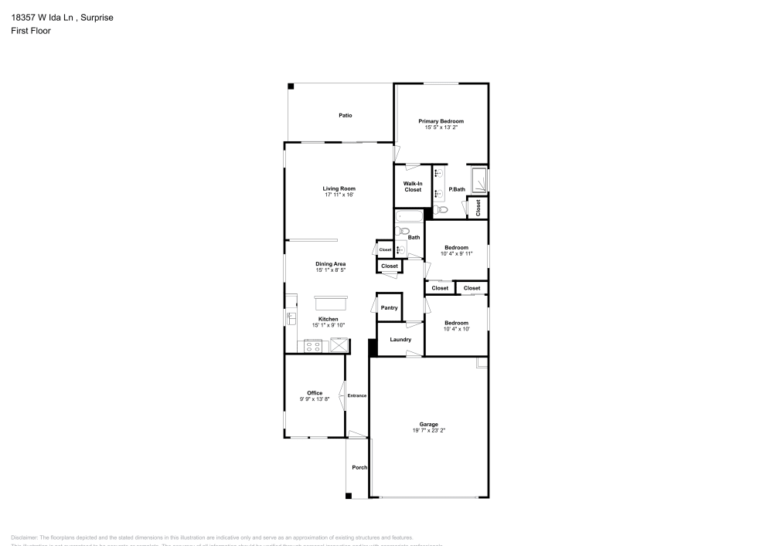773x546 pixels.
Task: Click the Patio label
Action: pos(346,116)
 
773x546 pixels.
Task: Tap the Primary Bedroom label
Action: pos(441,121)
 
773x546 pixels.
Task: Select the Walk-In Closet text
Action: pos(413,186)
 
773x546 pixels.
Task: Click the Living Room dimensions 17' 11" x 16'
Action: pos(339,195)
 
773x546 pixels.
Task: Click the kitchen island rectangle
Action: pos(331,302)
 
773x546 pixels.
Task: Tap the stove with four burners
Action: pos(313,345)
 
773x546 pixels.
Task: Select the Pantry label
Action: pos(390,308)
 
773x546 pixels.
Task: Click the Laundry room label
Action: pos(400,339)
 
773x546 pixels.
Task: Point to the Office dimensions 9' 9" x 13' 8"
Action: pos(315,399)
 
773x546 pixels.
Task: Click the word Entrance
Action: pos(357,395)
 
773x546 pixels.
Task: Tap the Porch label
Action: pos(359,467)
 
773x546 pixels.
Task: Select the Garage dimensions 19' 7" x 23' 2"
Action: pos(429,430)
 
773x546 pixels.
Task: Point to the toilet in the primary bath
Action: pos(442,209)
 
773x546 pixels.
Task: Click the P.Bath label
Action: pos(457,188)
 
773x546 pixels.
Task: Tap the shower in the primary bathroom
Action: pos(479,180)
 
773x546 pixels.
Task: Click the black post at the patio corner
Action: pos(291,86)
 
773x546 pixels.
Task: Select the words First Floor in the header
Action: pos(31,31)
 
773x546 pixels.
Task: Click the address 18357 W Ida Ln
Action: pos(43,17)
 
